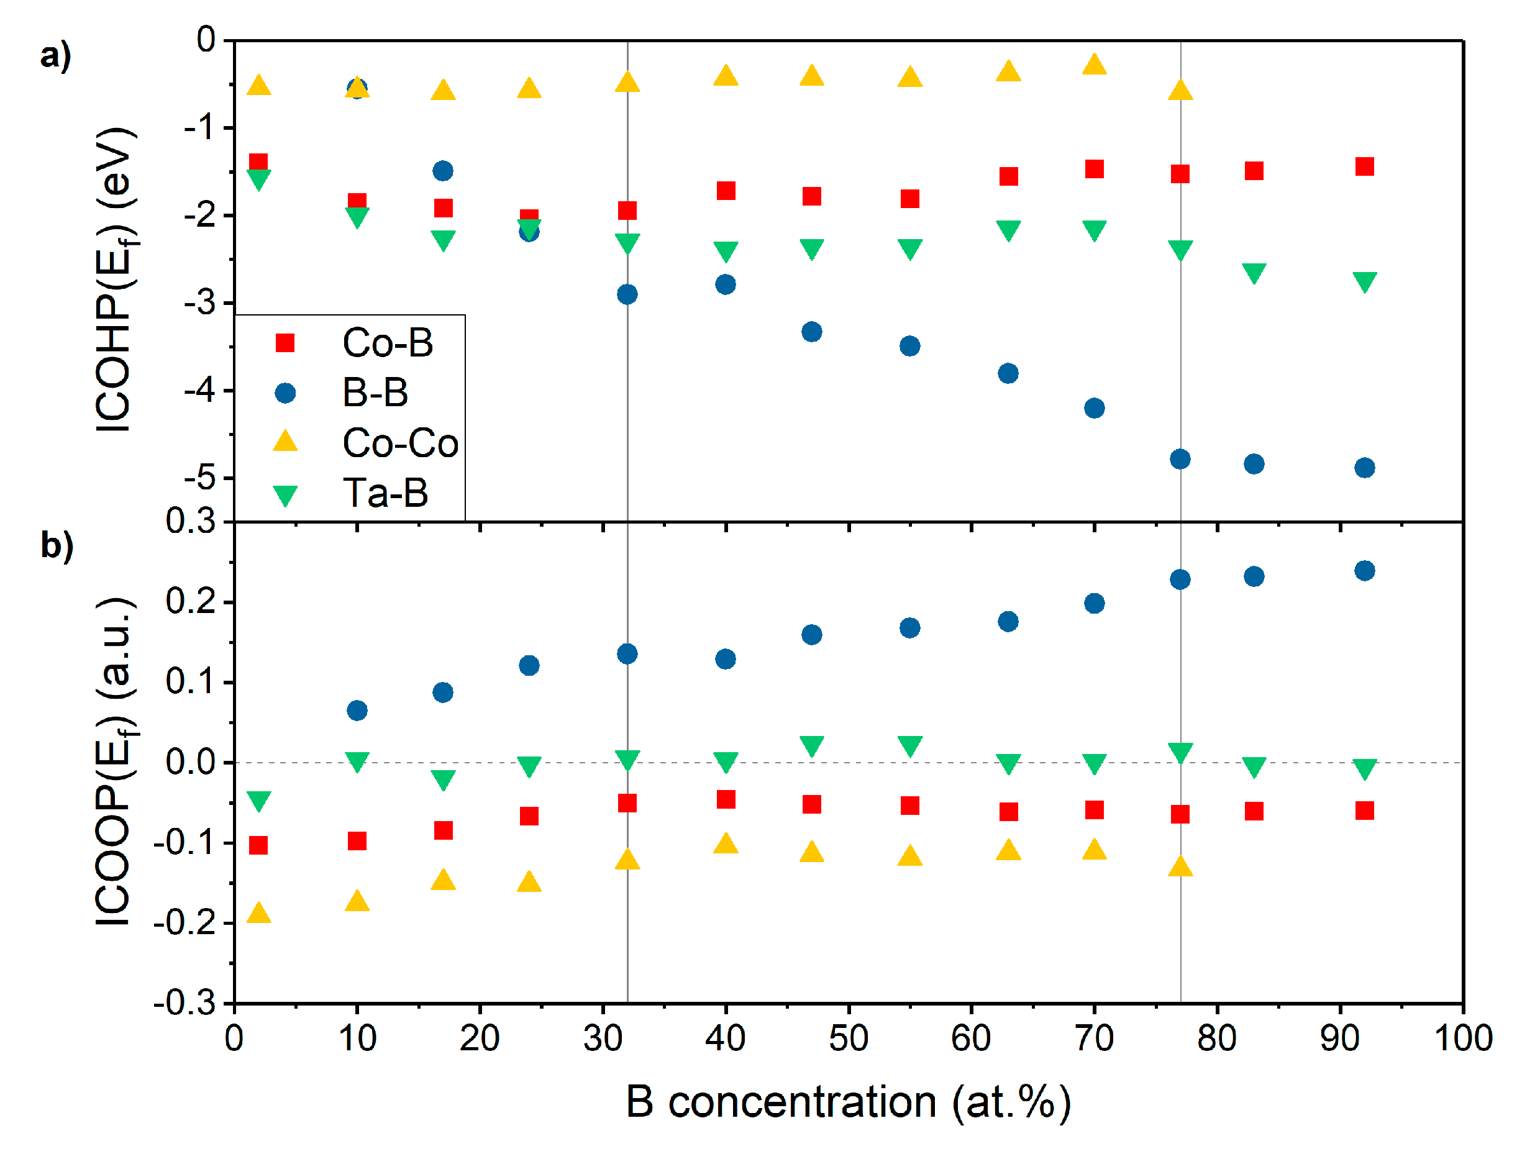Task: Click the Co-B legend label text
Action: point(388,343)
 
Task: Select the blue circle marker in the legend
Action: point(285,394)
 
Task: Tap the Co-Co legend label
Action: point(400,443)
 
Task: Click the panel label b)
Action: point(57,546)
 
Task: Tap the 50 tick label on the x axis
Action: point(848,1038)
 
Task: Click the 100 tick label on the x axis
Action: point(1463,1038)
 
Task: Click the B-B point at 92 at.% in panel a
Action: point(1364,468)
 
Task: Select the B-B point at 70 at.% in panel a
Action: point(1094,408)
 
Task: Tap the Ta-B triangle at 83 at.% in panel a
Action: point(1253,273)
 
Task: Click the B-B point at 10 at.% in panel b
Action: point(357,711)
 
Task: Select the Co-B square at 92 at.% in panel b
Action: point(1364,811)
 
